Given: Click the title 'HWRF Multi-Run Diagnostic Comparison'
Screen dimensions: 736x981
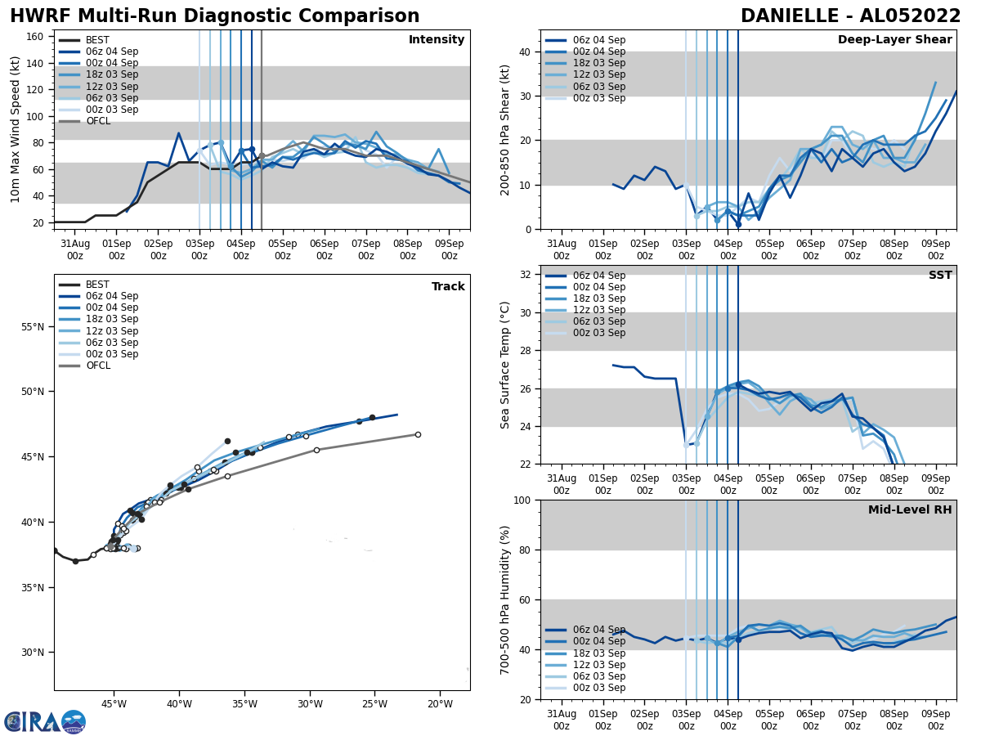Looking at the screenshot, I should [x=214, y=16].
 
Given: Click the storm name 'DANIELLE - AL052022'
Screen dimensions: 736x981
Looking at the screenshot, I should [x=850, y=16].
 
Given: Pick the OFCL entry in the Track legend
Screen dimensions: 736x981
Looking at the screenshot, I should [x=98, y=366].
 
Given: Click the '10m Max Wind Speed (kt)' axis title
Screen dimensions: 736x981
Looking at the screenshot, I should [x=16, y=129].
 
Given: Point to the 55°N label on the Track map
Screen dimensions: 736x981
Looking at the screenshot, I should [x=34, y=327].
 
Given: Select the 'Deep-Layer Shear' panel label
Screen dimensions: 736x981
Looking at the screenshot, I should [x=894, y=40].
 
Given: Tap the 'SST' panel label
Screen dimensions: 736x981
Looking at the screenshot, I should [x=940, y=276].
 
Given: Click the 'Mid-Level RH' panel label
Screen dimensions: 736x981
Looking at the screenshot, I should [x=910, y=510].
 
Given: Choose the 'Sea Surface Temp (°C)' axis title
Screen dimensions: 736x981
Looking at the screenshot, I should [x=505, y=365].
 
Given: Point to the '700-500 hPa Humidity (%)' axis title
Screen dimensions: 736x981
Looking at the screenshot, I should [x=505, y=599].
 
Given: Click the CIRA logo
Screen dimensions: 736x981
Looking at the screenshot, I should [x=44, y=722].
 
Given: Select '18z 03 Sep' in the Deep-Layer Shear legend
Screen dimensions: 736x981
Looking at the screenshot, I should [x=599, y=63].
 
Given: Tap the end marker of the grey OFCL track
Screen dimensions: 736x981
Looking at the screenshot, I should [x=418, y=434].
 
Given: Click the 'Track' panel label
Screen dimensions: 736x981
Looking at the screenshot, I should [x=448, y=287].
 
